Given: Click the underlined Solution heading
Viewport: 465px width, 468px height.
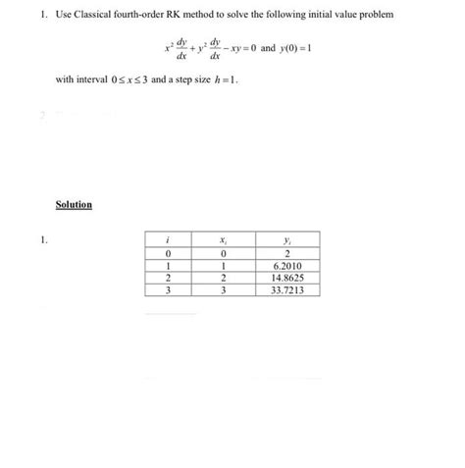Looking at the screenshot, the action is click(74, 205).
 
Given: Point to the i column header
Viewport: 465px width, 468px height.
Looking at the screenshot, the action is click(171, 239).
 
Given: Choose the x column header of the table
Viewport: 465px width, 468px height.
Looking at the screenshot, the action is click(225, 239).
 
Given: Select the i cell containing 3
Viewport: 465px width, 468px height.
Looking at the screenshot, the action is click(171, 290).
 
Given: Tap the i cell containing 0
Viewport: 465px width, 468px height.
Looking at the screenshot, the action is click(171, 255).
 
